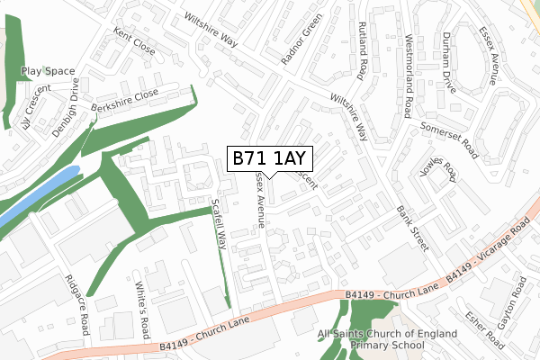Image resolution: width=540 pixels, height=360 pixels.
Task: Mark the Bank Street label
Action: pyautogui.click(x=412, y=226)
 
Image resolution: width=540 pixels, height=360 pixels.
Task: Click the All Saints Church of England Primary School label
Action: pyautogui.click(x=387, y=339)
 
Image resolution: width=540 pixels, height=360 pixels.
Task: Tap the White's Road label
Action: pyautogui.click(x=141, y=307)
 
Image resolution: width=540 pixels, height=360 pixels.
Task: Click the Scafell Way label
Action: pyautogui.click(x=217, y=223)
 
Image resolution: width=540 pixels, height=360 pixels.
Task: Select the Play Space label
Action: pyautogui.click(x=48, y=70)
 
